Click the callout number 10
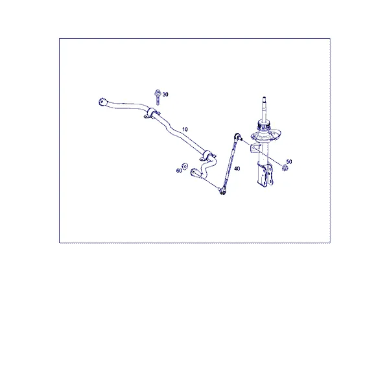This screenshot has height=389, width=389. [x=185, y=129]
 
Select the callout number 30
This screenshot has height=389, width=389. [x=165, y=95]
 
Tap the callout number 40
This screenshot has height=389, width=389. [x=237, y=169]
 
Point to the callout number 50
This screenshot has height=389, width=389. [x=289, y=161]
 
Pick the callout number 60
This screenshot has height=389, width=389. [x=179, y=171]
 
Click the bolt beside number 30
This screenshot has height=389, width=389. [x=158, y=97]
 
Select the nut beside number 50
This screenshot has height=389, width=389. [x=285, y=168]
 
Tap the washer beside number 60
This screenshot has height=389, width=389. [x=185, y=166]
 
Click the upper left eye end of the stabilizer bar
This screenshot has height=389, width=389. [x=102, y=102]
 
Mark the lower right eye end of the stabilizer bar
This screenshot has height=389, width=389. [x=194, y=172]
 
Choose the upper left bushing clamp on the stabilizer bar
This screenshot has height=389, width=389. [x=150, y=113]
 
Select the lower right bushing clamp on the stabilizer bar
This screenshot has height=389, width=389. [x=208, y=156]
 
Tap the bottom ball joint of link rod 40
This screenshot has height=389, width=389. [x=222, y=191]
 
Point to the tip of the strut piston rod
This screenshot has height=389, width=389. [x=265, y=98]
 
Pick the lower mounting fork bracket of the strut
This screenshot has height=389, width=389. [x=266, y=175]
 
